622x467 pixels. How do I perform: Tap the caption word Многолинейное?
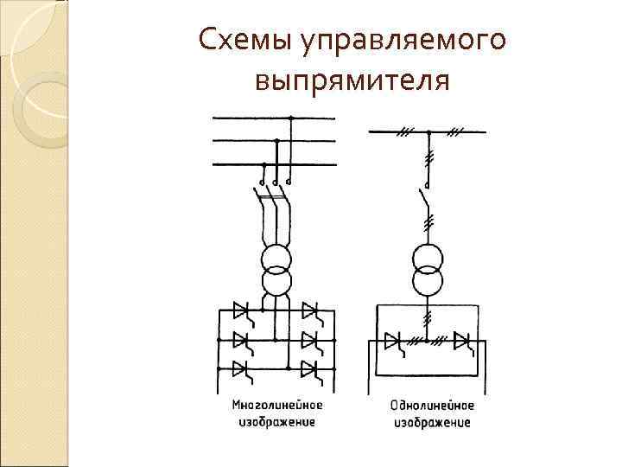point(277,405)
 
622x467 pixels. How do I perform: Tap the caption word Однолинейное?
point(432,405)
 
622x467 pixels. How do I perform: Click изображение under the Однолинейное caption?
point(432,422)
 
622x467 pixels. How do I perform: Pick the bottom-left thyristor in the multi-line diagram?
point(240,369)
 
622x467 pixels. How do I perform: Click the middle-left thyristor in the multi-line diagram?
point(240,339)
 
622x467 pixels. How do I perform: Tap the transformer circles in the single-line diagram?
point(428,269)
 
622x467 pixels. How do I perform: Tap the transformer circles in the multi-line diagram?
point(277,269)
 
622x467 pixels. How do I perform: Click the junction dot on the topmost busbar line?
point(292,118)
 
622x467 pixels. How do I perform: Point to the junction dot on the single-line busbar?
point(428,131)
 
